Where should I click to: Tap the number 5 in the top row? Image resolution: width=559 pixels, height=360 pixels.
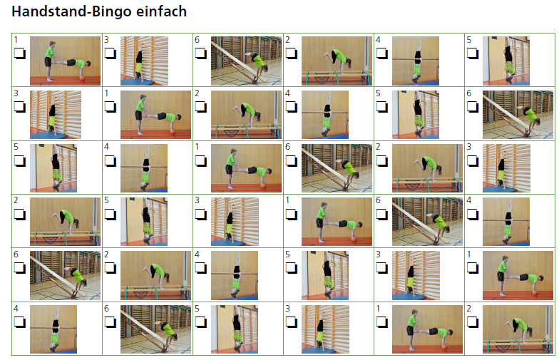(x=469, y=40)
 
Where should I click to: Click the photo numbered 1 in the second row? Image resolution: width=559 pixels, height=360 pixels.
(x=155, y=114)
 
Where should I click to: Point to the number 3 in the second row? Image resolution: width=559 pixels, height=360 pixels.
(x=16, y=93)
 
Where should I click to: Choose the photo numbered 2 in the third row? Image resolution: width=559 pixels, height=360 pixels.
(x=426, y=168)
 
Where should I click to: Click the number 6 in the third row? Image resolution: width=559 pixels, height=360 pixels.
(x=288, y=147)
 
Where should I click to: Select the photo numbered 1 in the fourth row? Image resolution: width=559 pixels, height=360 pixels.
(x=337, y=221)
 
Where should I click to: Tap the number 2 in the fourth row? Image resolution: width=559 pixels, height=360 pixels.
(x=16, y=200)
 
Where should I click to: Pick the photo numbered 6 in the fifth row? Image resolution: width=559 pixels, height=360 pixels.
(x=65, y=275)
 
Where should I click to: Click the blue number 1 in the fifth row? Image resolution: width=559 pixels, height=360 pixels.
(x=469, y=254)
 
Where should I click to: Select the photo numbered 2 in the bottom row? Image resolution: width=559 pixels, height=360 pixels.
(x=518, y=329)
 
